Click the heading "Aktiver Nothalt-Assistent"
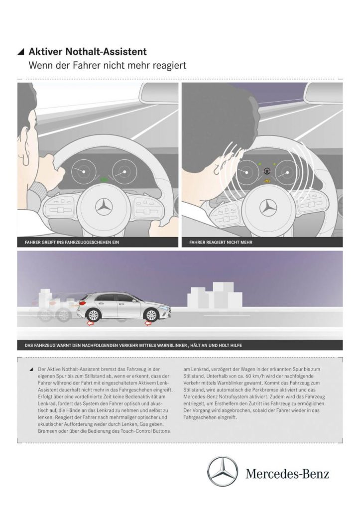(88, 51)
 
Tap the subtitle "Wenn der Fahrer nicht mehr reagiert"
(108, 65)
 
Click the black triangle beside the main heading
(20, 52)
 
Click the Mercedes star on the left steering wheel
(104, 206)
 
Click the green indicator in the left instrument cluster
(104, 178)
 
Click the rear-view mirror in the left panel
(158, 93)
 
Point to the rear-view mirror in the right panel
(323, 93)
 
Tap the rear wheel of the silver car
(93, 315)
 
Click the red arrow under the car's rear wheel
(91, 325)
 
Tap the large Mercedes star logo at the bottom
(223, 472)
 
